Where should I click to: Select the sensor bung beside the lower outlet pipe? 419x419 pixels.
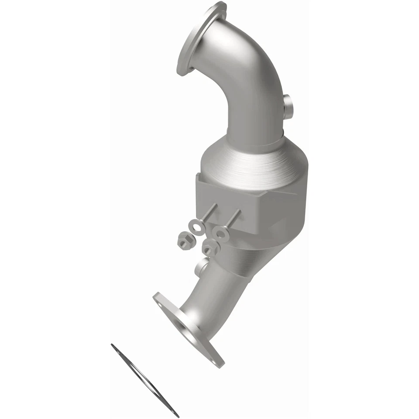click(x=202, y=265)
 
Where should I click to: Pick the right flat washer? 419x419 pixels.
click(x=221, y=233)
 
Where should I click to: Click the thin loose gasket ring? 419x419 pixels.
click(x=144, y=379)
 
